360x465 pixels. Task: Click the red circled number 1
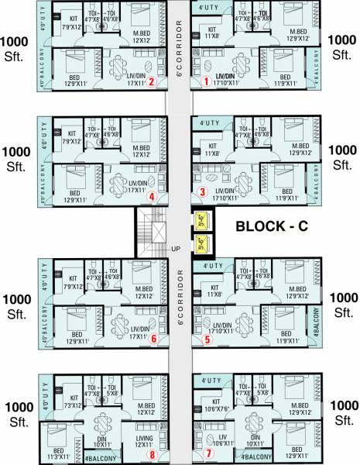[x=206, y=81]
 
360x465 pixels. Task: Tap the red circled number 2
[x=153, y=81]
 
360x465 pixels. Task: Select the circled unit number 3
[x=203, y=191]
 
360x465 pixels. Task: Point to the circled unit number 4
[x=153, y=197]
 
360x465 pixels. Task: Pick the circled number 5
[x=206, y=339]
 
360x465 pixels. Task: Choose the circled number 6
[x=154, y=339]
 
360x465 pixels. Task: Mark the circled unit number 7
[x=207, y=453]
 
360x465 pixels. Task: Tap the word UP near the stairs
[x=177, y=248]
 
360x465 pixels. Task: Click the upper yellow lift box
[x=201, y=221]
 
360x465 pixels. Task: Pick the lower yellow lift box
[x=201, y=246]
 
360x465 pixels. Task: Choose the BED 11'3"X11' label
[x=58, y=455]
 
